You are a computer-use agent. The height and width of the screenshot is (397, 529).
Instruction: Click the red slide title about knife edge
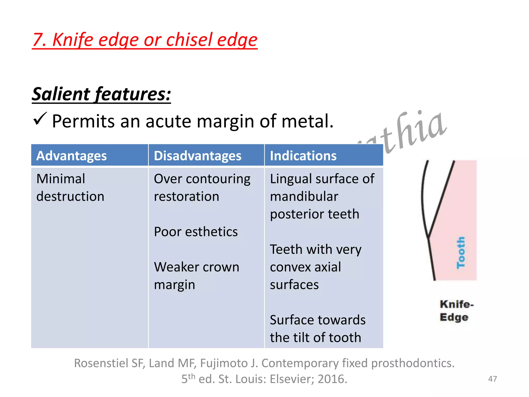click(145, 40)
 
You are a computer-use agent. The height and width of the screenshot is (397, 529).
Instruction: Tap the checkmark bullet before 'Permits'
click(40, 119)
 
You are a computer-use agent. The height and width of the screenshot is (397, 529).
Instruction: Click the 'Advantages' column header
click(72, 156)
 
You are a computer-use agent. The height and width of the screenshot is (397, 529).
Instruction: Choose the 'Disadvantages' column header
click(198, 156)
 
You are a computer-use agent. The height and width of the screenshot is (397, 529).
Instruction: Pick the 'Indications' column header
click(303, 156)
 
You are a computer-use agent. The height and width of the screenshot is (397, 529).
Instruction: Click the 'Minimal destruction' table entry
click(70, 187)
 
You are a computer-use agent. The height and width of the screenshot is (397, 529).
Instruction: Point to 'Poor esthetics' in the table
click(196, 232)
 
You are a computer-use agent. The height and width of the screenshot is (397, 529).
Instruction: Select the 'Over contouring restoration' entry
click(202, 187)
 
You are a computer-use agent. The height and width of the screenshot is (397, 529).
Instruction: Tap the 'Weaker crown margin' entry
click(196, 276)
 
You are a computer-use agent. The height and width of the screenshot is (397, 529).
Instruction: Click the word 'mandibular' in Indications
click(304, 196)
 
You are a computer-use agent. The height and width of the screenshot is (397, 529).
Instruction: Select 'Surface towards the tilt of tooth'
click(317, 329)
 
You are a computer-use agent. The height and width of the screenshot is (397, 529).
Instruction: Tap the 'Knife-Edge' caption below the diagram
click(456, 311)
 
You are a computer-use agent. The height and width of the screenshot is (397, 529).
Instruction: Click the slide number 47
click(492, 379)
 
